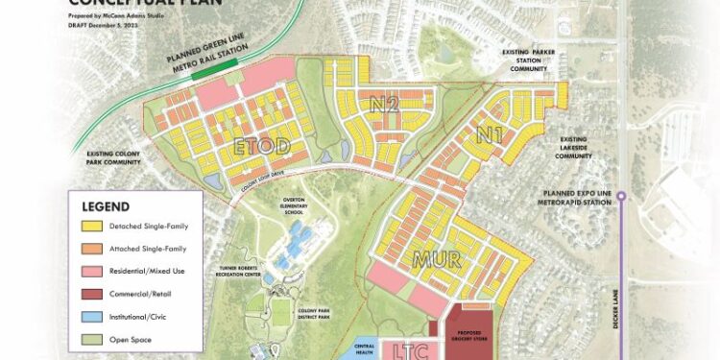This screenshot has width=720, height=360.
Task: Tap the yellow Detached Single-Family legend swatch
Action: point(93,227)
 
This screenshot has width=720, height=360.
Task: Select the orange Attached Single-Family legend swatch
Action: point(93,250)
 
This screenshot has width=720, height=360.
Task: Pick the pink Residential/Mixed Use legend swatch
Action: point(93,272)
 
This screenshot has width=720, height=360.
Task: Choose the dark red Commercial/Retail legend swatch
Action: point(93,295)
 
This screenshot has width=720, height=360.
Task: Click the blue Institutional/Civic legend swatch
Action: point(93,317)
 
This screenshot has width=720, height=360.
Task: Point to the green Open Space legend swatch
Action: point(93,339)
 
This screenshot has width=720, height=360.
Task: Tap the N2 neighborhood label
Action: point(385,103)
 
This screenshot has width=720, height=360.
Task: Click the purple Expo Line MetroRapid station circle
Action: point(621,196)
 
